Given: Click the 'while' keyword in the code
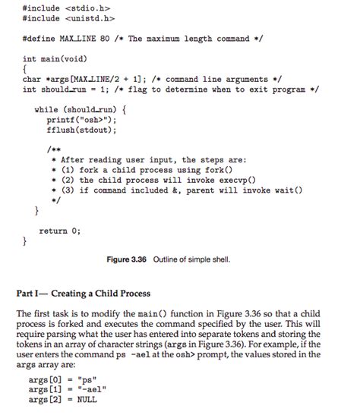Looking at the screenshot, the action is click(48, 110).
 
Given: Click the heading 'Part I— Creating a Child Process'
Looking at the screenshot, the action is click(84, 294).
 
